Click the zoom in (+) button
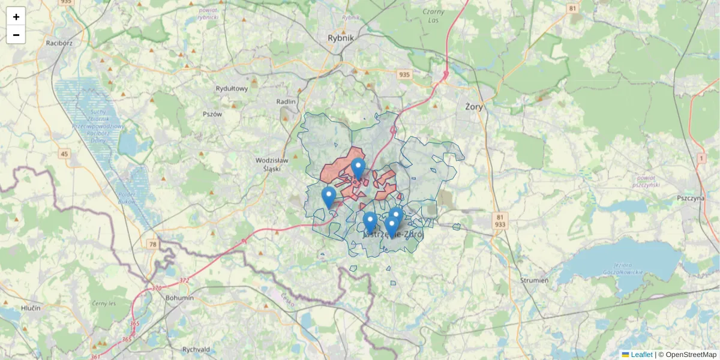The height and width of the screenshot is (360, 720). tap(16, 17)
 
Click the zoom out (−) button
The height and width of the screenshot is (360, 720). tap(16, 35)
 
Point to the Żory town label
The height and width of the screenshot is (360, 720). tap(474, 106)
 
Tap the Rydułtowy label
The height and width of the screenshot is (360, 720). tap(232, 89)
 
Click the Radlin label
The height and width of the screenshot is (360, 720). tap(286, 102)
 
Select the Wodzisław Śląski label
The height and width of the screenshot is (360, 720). tap(272, 164)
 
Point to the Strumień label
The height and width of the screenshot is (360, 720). tap(534, 280)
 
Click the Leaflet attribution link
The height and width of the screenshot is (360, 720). tap(641, 355)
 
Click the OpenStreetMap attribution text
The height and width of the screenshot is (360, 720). tap(691, 355)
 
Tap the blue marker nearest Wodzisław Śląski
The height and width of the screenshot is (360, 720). tap(329, 196)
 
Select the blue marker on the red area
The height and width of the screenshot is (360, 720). tap(358, 168)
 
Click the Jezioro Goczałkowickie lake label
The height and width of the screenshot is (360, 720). tap(628, 268)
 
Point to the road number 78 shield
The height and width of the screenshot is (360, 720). tap(153, 244)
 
